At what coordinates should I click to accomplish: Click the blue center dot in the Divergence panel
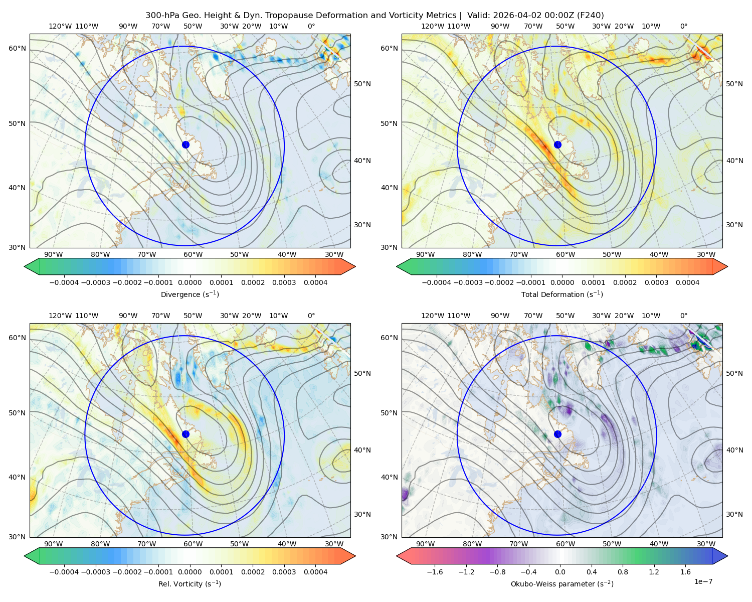pyautogui.click(x=185, y=144)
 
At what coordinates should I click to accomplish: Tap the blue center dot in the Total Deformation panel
pyautogui.click(x=557, y=144)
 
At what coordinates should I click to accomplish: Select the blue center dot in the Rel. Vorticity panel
pyautogui.click(x=185, y=434)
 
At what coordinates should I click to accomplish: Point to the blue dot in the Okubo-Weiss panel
pyautogui.click(x=557, y=434)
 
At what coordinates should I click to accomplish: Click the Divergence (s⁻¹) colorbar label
pyautogui.click(x=190, y=294)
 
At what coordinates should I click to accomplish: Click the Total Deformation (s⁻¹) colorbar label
pyautogui.click(x=562, y=294)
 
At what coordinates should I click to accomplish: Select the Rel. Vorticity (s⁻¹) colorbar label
pyautogui.click(x=190, y=583)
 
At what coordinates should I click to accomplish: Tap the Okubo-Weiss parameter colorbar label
pyautogui.click(x=562, y=583)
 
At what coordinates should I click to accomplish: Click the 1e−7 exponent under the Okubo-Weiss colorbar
pyautogui.click(x=703, y=581)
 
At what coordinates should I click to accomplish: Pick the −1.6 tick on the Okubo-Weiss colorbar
pyautogui.click(x=435, y=572)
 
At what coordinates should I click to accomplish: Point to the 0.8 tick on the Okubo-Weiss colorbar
pyautogui.click(x=623, y=572)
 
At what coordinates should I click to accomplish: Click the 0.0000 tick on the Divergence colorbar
pyautogui.click(x=190, y=282)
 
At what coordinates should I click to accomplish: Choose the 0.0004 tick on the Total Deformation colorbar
pyautogui.click(x=687, y=282)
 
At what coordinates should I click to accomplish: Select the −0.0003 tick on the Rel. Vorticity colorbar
pyautogui.click(x=95, y=572)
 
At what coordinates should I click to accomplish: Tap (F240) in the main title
pyautogui.click(x=590, y=16)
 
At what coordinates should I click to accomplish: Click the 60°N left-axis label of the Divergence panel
pyautogui.click(x=17, y=48)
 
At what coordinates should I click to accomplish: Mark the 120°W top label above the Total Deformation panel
pyautogui.click(x=432, y=26)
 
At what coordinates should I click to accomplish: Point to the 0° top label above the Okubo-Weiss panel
pyautogui.click(x=683, y=316)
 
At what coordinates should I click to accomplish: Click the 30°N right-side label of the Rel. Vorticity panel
pyautogui.click(x=362, y=514)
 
